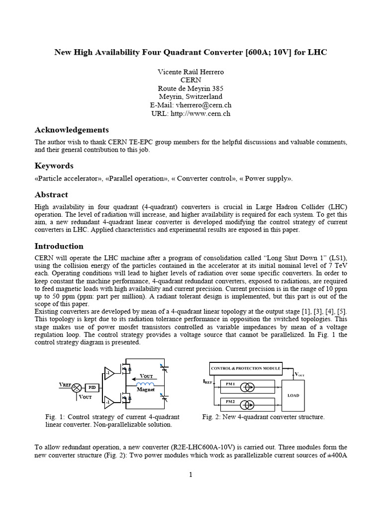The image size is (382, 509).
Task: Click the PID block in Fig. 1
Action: pyautogui.click(x=92, y=387)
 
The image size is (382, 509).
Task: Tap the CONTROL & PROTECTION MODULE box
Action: pyautogui.click(x=245, y=368)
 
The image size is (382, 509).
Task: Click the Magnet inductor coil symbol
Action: pyautogui.click(x=145, y=384)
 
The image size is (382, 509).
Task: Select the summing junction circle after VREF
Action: pyautogui.click(x=77, y=387)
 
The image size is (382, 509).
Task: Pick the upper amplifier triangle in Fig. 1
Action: pyautogui.click(x=108, y=373)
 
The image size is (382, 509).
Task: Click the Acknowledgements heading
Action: pyautogui.click(x=71, y=130)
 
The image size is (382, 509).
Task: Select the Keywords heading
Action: pyautogui.click(x=54, y=166)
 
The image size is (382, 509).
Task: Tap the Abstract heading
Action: pyautogui.click(x=51, y=194)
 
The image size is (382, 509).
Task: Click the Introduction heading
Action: pyautogui.click(x=59, y=246)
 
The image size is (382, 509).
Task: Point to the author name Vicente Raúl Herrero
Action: pyautogui.click(x=191, y=72)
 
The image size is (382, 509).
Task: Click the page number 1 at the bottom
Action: pyautogui.click(x=190, y=475)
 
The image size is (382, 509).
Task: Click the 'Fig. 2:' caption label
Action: pyautogui.click(x=212, y=417)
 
